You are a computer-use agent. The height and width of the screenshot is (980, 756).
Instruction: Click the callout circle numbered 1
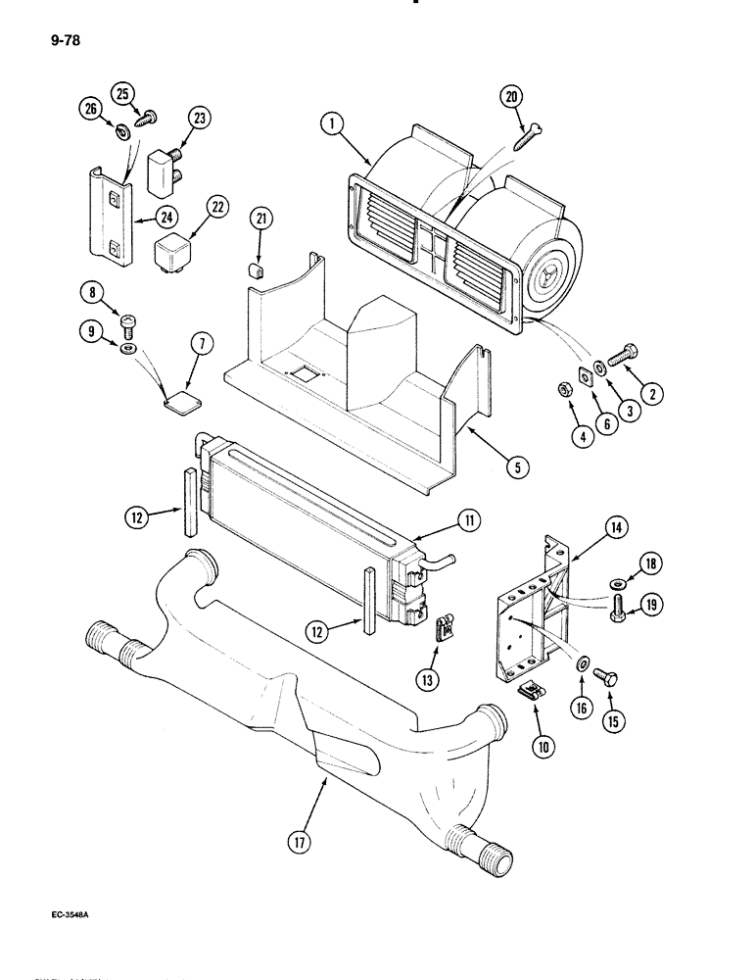[x=333, y=123]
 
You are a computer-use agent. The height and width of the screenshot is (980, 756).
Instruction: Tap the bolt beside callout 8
[x=127, y=323]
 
